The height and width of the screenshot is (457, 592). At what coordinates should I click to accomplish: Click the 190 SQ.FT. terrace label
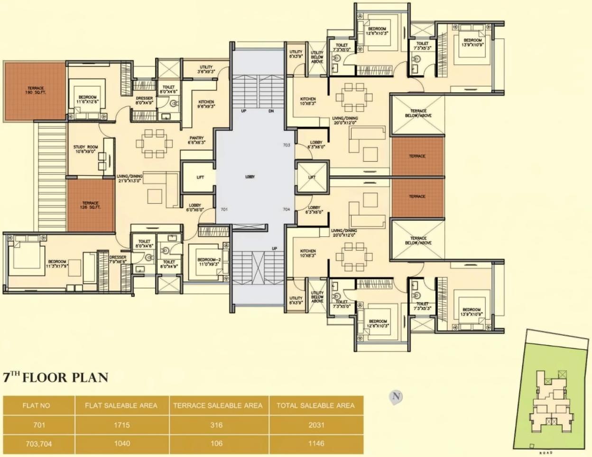36,90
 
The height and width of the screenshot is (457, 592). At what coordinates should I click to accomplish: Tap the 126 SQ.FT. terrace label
90,205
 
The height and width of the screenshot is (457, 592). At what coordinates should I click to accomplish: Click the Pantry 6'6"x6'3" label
196,140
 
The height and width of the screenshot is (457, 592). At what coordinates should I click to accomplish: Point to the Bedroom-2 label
209,262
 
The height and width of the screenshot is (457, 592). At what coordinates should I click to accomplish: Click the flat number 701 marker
224,209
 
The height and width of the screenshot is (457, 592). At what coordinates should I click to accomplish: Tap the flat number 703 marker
287,145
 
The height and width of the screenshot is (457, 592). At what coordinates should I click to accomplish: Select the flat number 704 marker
287,209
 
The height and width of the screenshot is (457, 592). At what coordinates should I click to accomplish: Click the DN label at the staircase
271,112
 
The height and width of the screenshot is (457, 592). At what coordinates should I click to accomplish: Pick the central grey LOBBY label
250,177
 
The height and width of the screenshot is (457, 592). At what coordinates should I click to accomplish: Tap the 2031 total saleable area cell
316,425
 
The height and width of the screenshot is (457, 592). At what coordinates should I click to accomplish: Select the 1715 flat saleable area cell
121,425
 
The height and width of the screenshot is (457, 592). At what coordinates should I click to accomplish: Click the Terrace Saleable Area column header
218,405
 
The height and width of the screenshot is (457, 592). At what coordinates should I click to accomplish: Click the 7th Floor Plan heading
55,377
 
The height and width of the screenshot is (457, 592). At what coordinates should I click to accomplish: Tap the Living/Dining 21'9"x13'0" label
129,178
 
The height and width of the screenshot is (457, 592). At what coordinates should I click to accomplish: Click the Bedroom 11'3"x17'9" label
57,264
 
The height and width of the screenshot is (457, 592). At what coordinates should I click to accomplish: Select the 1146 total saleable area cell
316,443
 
